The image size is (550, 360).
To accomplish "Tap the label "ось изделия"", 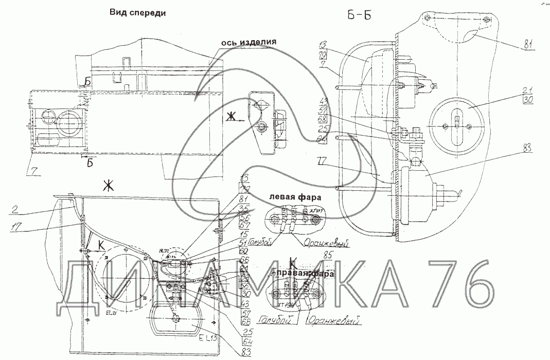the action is [250, 43].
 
